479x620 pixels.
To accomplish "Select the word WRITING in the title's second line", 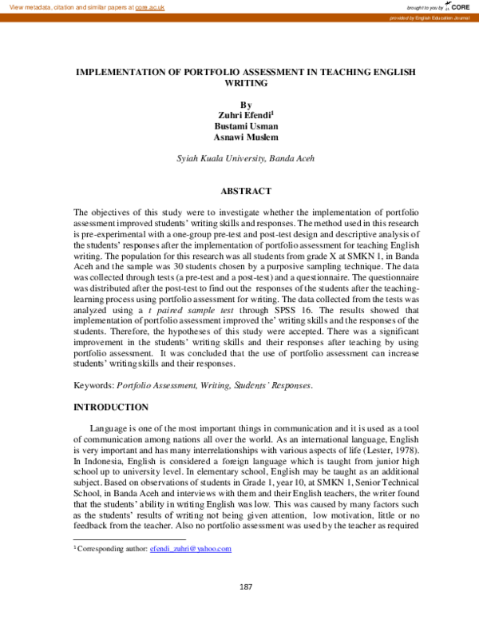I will (245, 82).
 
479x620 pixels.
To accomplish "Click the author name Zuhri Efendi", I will (244, 115).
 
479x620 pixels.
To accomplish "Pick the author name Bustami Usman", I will (245, 126).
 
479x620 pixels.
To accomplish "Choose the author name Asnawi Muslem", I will (245, 137).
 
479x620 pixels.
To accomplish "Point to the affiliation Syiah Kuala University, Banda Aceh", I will (245, 158).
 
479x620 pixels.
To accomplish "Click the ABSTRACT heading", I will (245, 191).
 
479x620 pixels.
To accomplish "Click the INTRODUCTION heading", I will (110, 407).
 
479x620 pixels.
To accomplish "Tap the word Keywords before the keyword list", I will (93, 385).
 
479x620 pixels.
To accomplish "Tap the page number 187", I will (246, 587).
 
